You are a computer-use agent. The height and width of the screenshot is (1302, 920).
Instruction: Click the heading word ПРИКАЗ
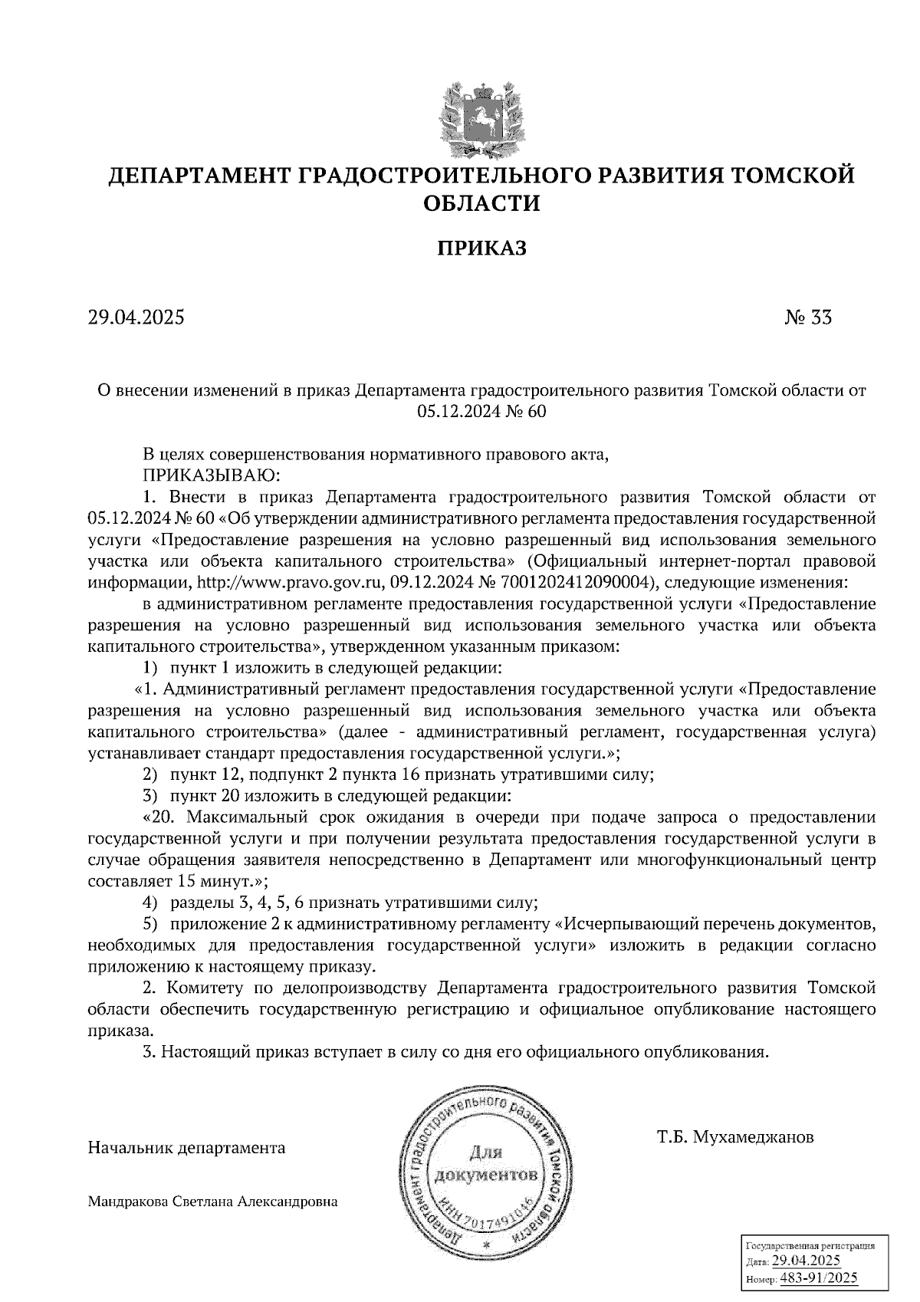[481, 248]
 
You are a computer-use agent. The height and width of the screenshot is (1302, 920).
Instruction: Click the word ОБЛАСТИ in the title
[481, 204]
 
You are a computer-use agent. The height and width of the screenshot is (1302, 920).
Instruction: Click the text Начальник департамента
[186, 1148]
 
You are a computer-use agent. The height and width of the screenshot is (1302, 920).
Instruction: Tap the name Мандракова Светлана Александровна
[213, 1202]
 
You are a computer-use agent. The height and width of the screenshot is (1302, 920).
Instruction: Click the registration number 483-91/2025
[819, 1278]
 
